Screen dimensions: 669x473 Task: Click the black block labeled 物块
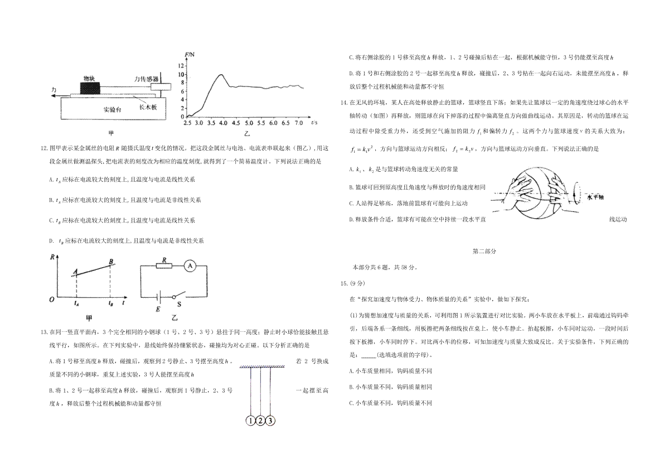coord(90,88)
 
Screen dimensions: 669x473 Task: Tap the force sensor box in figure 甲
coord(161,86)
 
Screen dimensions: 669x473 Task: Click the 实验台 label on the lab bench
coord(112,110)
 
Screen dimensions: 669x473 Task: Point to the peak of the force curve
coord(221,74)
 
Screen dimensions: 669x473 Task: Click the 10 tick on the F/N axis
coord(181,74)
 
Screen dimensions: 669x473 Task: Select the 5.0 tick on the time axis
coord(249,123)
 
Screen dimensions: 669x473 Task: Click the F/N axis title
coord(190,54)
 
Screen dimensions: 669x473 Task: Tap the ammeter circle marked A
coord(190,266)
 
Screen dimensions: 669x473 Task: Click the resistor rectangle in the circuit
coord(164,266)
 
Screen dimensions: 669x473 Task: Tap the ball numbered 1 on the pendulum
coord(250,421)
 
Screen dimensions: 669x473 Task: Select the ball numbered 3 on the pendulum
coord(270,421)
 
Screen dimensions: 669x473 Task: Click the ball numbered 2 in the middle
coord(260,421)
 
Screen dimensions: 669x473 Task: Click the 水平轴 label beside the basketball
coord(595,197)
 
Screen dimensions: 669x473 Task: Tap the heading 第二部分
coord(484,252)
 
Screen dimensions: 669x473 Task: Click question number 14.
coord(344,103)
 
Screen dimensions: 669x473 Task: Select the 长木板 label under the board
coord(148,107)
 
